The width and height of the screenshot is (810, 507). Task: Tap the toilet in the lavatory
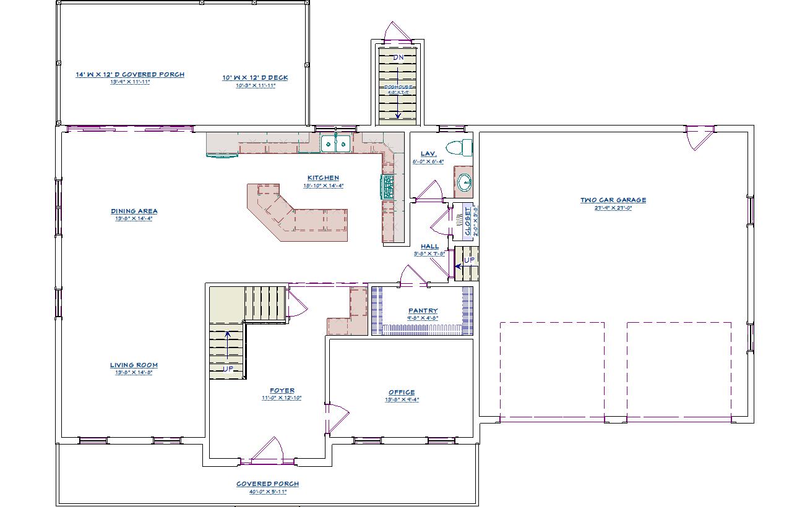(459, 147)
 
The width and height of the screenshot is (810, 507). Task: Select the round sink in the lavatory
(463, 182)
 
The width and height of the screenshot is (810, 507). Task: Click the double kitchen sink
(336, 145)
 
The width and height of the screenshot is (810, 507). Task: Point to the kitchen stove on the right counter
(388, 186)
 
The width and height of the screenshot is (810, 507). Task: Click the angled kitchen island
(296, 213)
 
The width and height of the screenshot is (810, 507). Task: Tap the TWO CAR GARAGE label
(613, 200)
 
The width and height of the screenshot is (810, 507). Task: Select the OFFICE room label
(402, 393)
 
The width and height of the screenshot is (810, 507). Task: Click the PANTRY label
(423, 311)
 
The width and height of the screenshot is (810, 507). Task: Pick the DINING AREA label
(134, 211)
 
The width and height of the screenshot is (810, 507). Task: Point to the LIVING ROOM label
(134, 365)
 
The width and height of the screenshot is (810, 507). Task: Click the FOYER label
(282, 391)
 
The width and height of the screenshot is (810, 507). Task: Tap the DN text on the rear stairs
(399, 58)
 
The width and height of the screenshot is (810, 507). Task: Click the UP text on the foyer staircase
(228, 369)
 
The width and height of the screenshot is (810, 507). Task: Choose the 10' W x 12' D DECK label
(255, 78)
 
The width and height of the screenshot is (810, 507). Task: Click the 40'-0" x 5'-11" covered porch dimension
(267, 492)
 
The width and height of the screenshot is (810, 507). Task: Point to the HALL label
(429, 247)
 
